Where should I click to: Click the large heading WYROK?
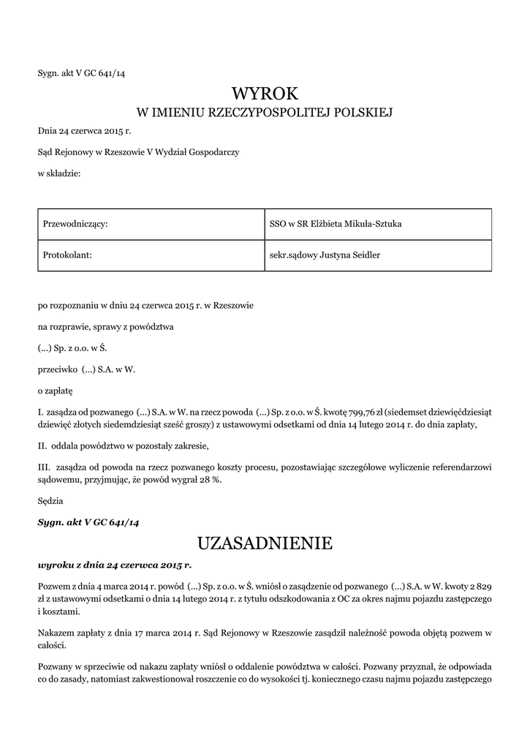pyautogui.click(x=265, y=93)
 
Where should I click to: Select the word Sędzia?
pyautogui.click(x=50, y=501)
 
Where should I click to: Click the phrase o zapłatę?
pyautogui.click(x=56, y=391)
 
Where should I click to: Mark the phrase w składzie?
pyautogui.click(x=59, y=173)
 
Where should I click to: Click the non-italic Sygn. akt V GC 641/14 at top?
pyautogui.click(x=86, y=72)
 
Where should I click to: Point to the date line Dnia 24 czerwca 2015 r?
pyautogui.click(x=84, y=131)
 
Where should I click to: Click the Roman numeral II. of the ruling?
pyautogui.click(x=42, y=445)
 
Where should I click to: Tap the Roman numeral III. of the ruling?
pyautogui.click(x=44, y=467)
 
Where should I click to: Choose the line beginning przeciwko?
pyautogui.click(x=86, y=369)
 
